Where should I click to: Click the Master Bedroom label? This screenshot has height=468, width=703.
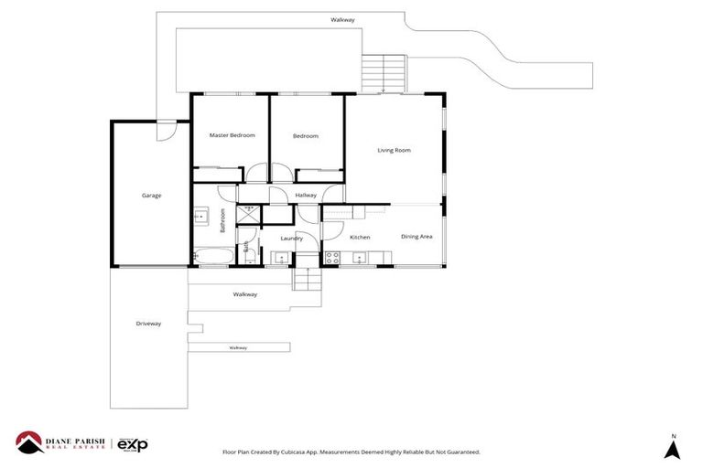pos(232,135)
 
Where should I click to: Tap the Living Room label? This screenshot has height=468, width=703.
pos(394,150)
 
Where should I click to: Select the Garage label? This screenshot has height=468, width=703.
pos(151,195)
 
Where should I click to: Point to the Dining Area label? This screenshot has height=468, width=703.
pos(416,237)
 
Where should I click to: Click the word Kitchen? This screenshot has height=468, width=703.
pos(360,238)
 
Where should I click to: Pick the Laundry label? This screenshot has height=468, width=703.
pos(291,239)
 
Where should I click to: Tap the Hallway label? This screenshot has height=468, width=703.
pos(306,195)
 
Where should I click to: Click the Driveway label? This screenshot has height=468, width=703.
pos(148,324)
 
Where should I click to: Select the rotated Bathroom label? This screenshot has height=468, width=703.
pos(222,222)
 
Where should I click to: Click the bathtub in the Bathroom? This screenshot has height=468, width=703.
pos(211,259)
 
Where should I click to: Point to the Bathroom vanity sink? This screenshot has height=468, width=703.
pos(200,218)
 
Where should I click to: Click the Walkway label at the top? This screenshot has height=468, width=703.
pos(343,19)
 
